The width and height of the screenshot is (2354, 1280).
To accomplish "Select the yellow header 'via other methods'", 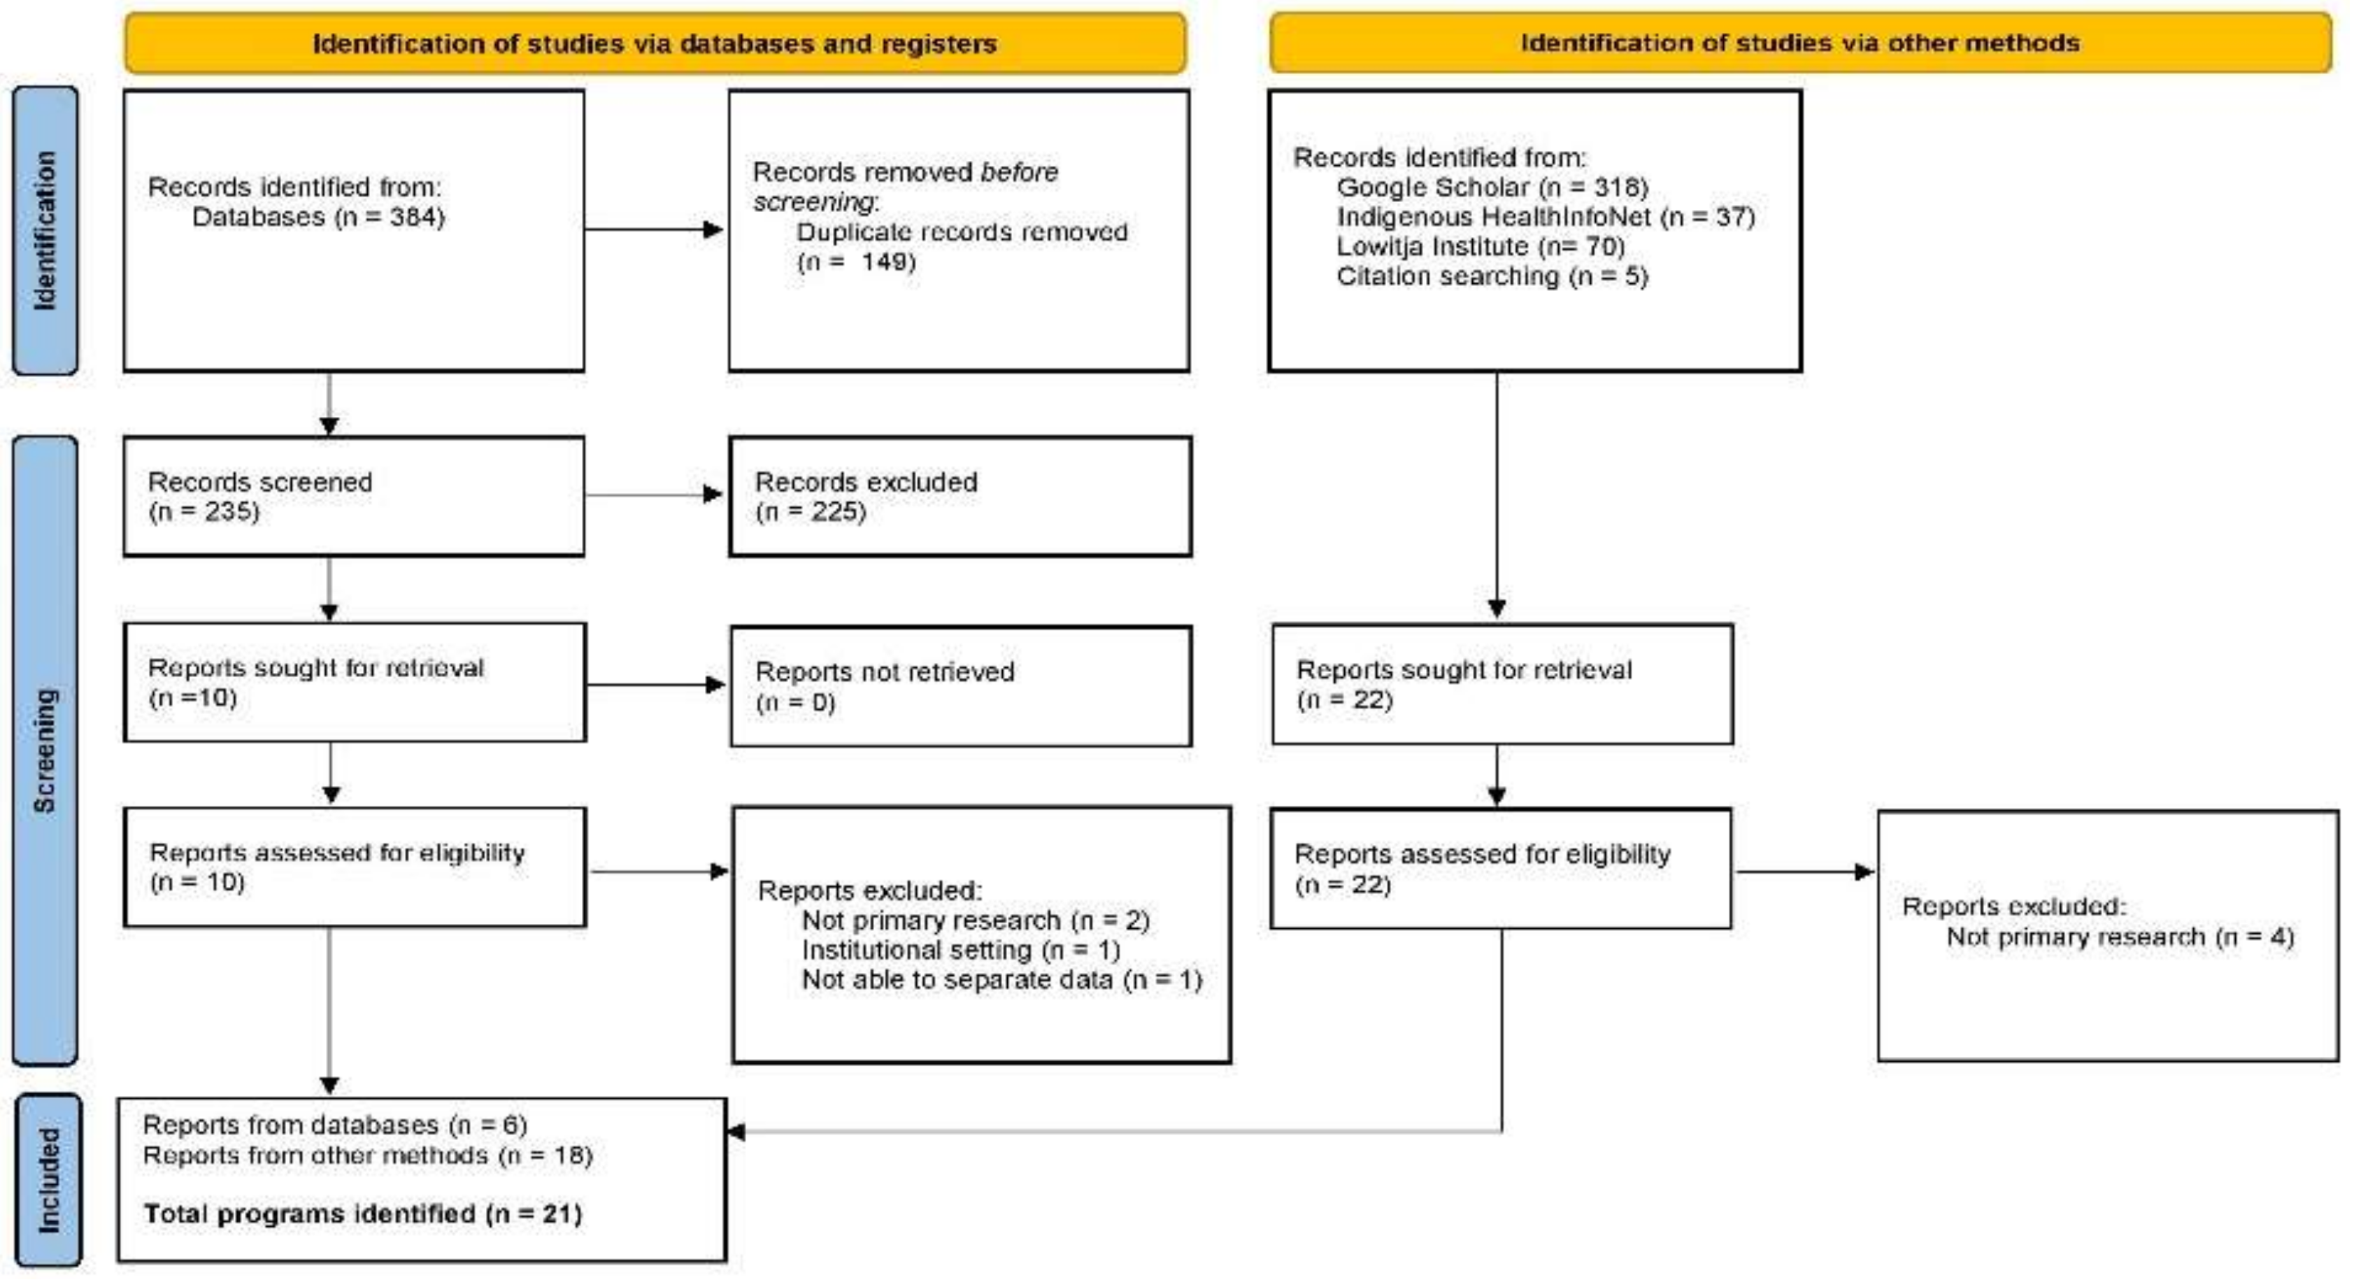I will [x=1799, y=43].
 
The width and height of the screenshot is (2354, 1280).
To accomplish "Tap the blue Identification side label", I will [x=45, y=230].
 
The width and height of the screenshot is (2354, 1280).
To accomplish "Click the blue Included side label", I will [x=48, y=1179].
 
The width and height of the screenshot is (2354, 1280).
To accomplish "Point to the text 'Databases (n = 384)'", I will [x=318, y=218].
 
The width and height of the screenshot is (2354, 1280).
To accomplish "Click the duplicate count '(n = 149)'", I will [x=856, y=262].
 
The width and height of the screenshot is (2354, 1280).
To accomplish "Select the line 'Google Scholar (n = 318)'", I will [x=1491, y=187].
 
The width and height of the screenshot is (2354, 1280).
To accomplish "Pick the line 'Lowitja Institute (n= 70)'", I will [x=1480, y=247].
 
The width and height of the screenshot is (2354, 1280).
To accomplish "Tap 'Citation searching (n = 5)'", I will [x=1491, y=276].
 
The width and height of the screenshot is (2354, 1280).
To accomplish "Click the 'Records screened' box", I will [x=354, y=497].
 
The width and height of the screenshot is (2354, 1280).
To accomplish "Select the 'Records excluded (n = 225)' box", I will [x=960, y=497].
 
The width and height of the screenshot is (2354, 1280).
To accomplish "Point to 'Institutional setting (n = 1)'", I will [x=960, y=951].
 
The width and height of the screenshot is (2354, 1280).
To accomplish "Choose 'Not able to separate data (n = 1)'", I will [x=1001, y=980].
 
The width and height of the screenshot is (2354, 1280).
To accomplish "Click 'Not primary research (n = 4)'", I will [x=2120, y=937].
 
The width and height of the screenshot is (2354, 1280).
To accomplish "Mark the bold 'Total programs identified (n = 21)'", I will [x=363, y=1214].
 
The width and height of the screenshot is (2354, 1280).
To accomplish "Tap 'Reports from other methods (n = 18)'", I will [x=367, y=1155].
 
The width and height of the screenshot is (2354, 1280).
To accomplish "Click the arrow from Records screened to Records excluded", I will [x=653, y=495].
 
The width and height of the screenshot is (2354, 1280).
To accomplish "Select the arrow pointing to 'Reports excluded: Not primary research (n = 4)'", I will [x=1805, y=872].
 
